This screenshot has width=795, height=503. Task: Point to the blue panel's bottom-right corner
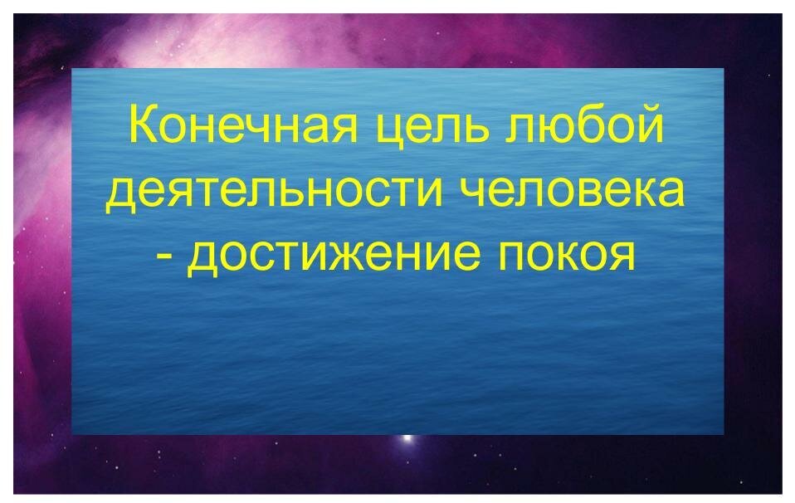tap(723, 433)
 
